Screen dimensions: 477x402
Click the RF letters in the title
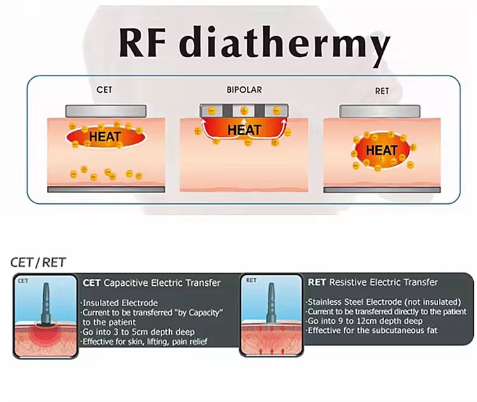pos(142,43)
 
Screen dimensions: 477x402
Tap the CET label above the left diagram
pos(104,90)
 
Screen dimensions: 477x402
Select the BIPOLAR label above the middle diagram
pos(244,90)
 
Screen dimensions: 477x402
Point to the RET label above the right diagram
pos(382,91)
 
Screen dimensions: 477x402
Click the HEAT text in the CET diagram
pos(105,137)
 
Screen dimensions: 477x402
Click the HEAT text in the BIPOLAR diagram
pos(244,130)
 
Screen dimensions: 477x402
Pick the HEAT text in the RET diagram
pos(382,150)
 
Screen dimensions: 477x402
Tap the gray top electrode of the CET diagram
pos(106,111)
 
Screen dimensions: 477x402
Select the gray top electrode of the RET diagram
pos(380,111)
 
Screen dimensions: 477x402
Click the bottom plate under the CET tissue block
pos(106,190)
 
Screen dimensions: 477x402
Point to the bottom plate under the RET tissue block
pos(382,190)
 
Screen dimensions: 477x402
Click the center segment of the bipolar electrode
pos(244,111)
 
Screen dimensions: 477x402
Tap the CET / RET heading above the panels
pos(38,262)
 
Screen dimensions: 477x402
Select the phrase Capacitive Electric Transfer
pos(162,283)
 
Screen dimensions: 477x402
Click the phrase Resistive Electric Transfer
pos(384,282)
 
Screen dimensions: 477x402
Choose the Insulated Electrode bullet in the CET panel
pos(120,303)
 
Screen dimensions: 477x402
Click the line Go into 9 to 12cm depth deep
pos(364,321)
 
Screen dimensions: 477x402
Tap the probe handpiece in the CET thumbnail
pos(46,304)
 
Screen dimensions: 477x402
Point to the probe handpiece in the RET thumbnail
pos(271,303)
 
